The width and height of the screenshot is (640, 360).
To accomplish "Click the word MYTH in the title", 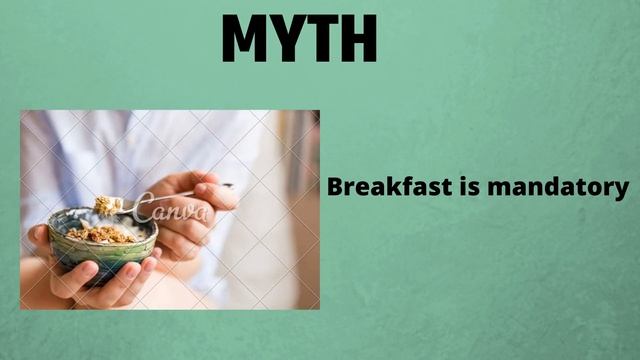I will coord(299,38).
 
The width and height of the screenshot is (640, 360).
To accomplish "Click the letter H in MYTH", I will coord(357,38).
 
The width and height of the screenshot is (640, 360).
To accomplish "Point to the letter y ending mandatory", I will coord(623,190).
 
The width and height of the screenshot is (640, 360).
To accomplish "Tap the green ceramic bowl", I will coord(101,250).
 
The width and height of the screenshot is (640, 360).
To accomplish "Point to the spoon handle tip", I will coord(231,185).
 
